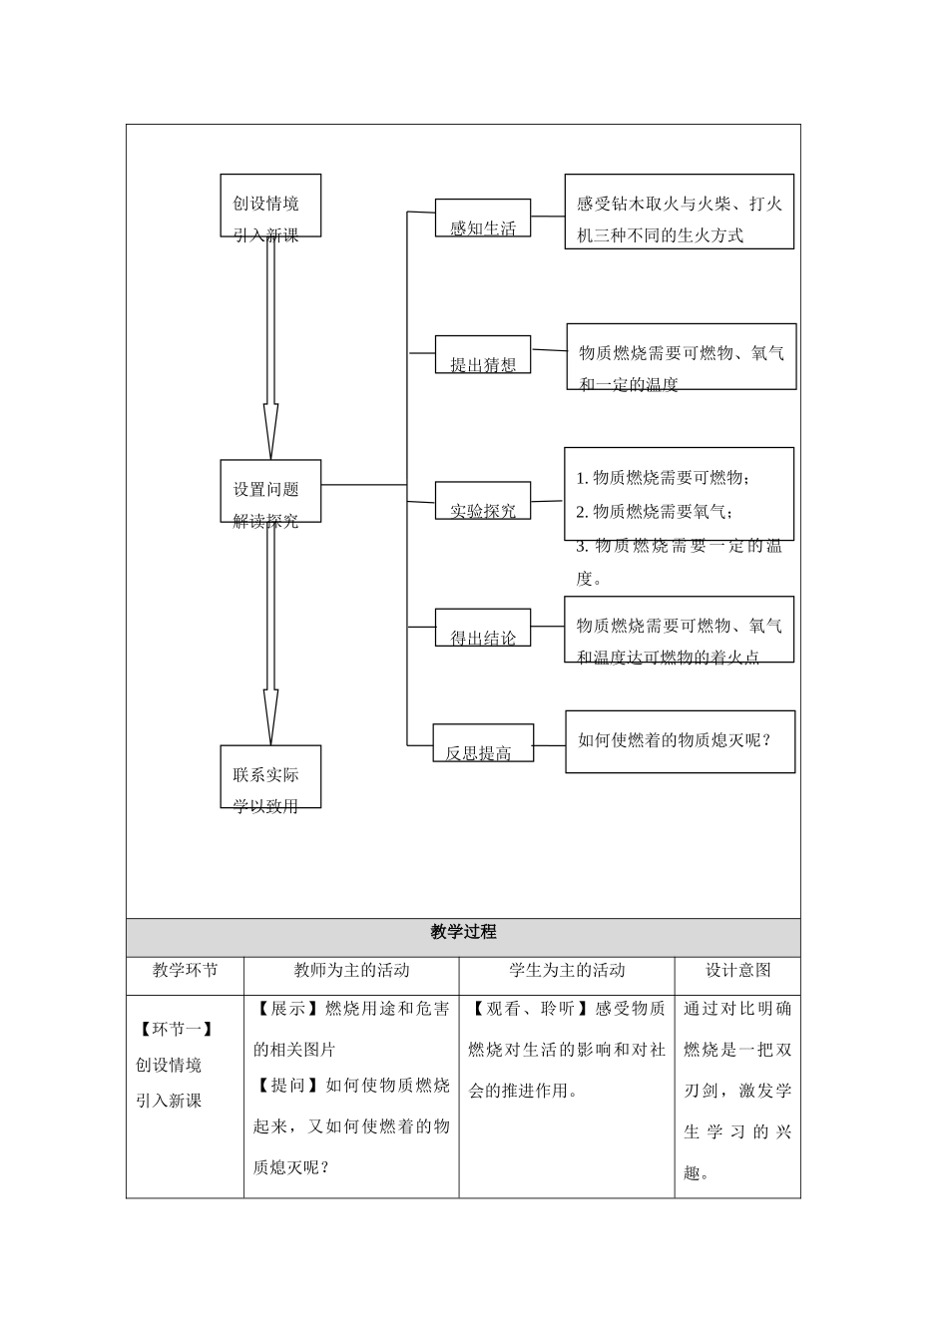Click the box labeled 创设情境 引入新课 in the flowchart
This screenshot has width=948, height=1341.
(270, 206)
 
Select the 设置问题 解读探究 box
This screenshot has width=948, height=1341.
(270, 491)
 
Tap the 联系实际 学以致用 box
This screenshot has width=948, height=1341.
(270, 776)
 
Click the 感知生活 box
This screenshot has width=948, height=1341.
(483, 219)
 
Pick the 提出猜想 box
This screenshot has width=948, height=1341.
(483, 355)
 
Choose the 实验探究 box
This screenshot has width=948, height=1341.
(483, 501)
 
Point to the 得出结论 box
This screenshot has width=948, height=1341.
(483, 628)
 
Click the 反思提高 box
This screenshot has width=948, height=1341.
(483, 743)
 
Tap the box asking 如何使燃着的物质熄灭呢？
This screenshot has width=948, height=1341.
(680, 741)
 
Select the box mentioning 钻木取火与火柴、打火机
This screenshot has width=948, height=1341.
(679, 212)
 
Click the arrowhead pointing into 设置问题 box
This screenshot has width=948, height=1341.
(270, 434)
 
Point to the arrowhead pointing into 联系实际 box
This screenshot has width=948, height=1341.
(270, 718)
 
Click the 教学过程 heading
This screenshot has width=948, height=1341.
(463, 933)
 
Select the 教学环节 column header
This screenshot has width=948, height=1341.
(185, 970)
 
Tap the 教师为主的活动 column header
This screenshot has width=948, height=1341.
(351, 970)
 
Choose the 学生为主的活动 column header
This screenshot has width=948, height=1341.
(567, 970)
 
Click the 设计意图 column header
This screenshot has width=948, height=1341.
(737, 970)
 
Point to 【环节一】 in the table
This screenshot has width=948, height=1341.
(176, 1029)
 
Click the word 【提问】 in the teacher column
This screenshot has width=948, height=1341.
(285, 1086)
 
